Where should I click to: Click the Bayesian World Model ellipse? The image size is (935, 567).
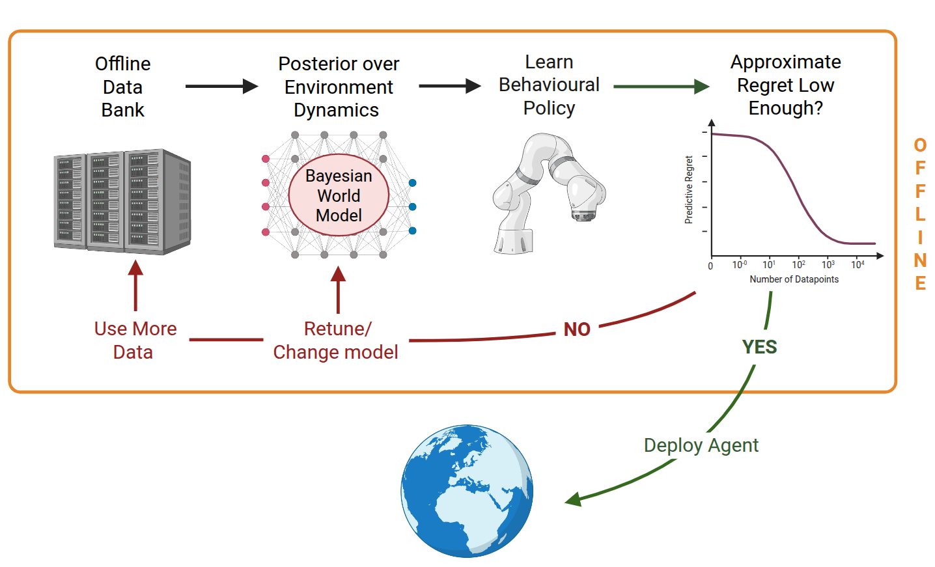(x=339, y=195)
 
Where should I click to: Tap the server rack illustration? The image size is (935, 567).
(x=122, y=202)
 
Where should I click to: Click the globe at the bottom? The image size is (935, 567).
(x=467, y=491)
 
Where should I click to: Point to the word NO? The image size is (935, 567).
(x=577, y=329)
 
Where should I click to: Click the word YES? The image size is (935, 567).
(x=759, y=347)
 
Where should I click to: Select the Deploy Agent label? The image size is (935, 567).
(x=701, y=445)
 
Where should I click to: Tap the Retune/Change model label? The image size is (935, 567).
(x=335, y=340)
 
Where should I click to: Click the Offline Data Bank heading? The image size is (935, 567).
(x=122, y=87)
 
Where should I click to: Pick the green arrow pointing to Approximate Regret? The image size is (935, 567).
(x=661, y=86)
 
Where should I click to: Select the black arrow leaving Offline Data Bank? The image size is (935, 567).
(x=221, y=86)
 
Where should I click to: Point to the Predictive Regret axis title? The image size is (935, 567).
(x=689, y=190)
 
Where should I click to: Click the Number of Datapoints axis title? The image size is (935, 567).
(x=794, y=279)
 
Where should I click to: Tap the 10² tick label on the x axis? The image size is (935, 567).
(x=798, y=264)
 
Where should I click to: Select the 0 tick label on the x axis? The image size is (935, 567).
(x=710, y=266)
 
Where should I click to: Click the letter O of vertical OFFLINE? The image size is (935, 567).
(x=920, y=145)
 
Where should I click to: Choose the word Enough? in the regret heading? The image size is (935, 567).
(x=785, y=108)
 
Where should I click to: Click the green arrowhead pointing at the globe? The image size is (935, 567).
(x=573, y=500)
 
